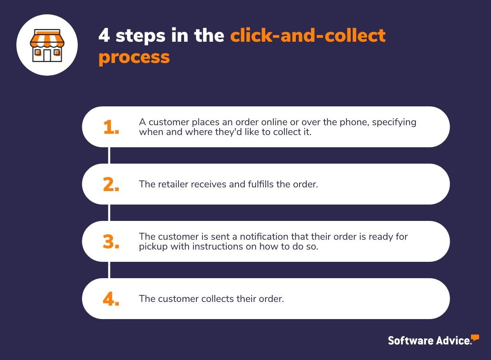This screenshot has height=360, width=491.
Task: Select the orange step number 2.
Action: (x=110, y=184)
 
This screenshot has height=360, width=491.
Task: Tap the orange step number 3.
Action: (x=110, y=242)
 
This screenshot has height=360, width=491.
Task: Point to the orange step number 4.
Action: (x=110, y=299)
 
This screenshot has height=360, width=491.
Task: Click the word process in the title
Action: (x=134, y=57)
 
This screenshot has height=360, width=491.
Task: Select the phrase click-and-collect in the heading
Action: (x=308, y=36)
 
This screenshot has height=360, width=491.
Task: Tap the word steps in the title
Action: (x=140, y=36)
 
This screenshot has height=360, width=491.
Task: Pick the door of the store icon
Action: (x=47, y=55)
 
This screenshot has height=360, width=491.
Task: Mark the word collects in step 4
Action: (x=217, y=299)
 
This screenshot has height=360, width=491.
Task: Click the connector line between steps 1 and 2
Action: (x=109, y=155)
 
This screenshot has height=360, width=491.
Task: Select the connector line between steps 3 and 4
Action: (x=109, y=270)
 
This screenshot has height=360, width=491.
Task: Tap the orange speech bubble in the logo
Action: (x=475, y=337)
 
